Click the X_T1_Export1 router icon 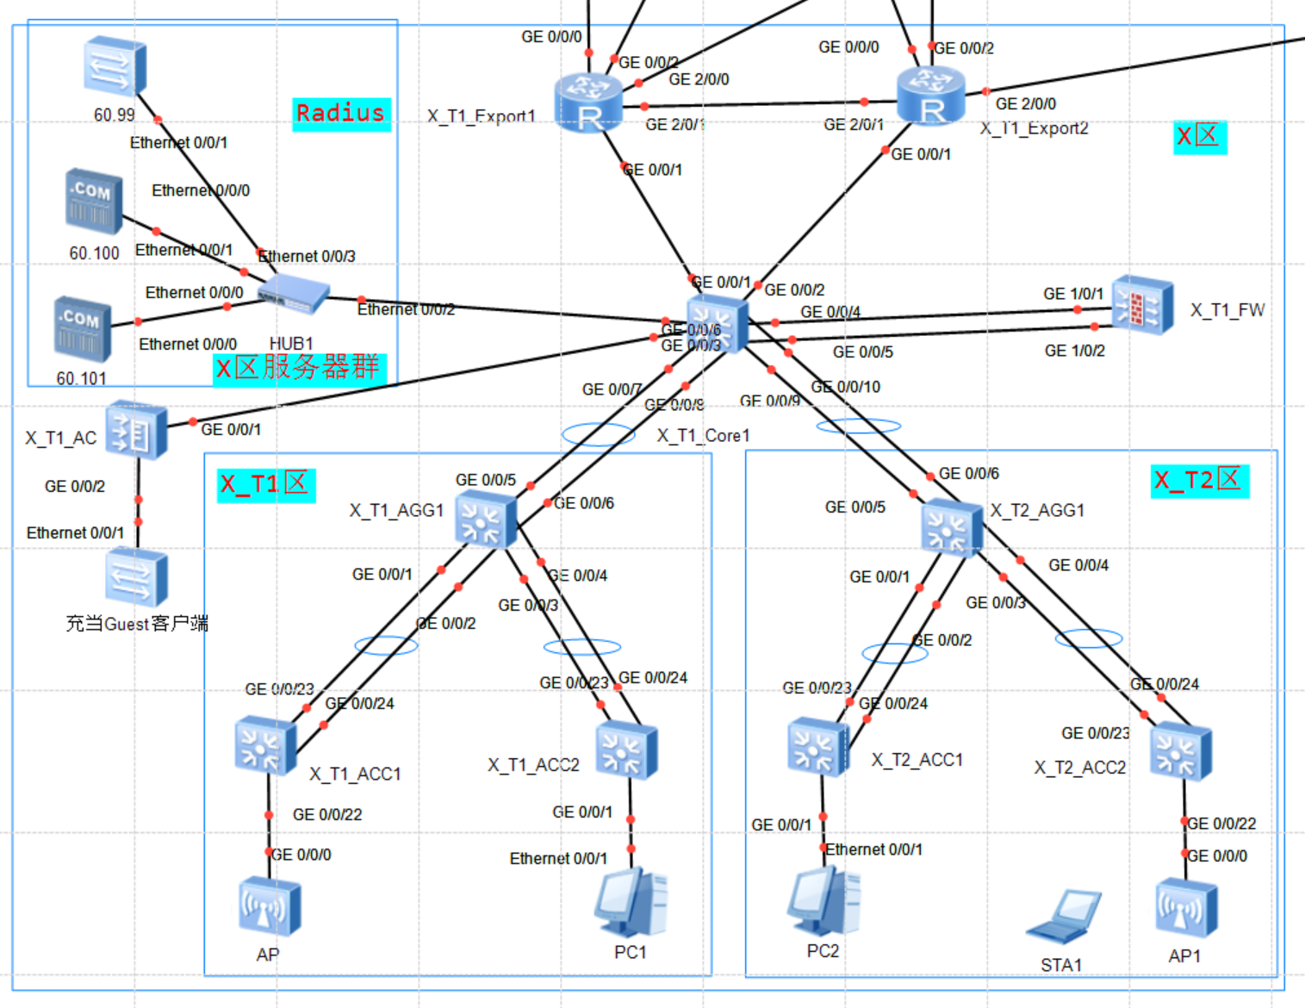point(588,103)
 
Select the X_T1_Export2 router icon point(930,96)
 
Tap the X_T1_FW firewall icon point(1142,305)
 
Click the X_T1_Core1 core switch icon point(718,324)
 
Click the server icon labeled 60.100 point(94,202)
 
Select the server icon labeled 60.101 point(83,329)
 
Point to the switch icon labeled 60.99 point(115,65)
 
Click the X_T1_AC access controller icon point(136,428)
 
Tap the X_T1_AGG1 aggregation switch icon point(485,520)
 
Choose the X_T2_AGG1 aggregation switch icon point(951,527)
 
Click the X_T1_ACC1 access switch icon point(265,745)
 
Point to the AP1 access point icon point(1186,908)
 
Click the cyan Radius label point(341,114)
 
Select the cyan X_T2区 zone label point(1200,480)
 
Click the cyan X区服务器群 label point(299,368)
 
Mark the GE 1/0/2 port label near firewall point(1074,351)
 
